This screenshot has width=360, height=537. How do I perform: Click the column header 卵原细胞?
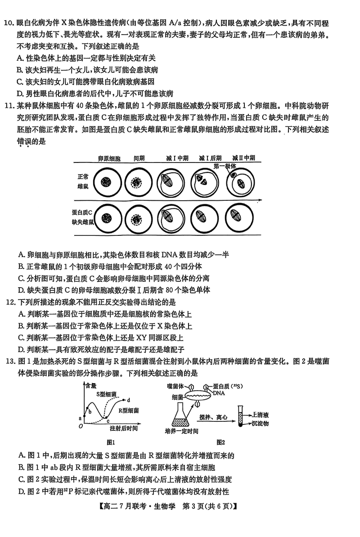[x=109, y=158]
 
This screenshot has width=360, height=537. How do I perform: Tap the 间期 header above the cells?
[x=139, y=158]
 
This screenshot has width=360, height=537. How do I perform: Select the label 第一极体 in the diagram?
[x=224, y=166]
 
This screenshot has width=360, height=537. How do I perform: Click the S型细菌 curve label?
[x=107, y=393]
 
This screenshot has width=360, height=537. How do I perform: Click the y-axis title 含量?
[x=90, y=385]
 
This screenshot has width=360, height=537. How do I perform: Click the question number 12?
[x=9, y=302]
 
